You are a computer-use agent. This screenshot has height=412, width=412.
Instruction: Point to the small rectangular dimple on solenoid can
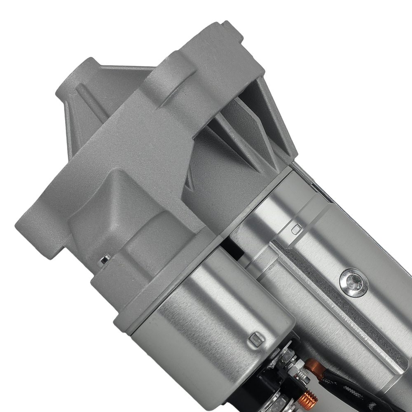(256, 338)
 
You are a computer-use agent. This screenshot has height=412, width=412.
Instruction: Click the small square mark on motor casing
(295, 229)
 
